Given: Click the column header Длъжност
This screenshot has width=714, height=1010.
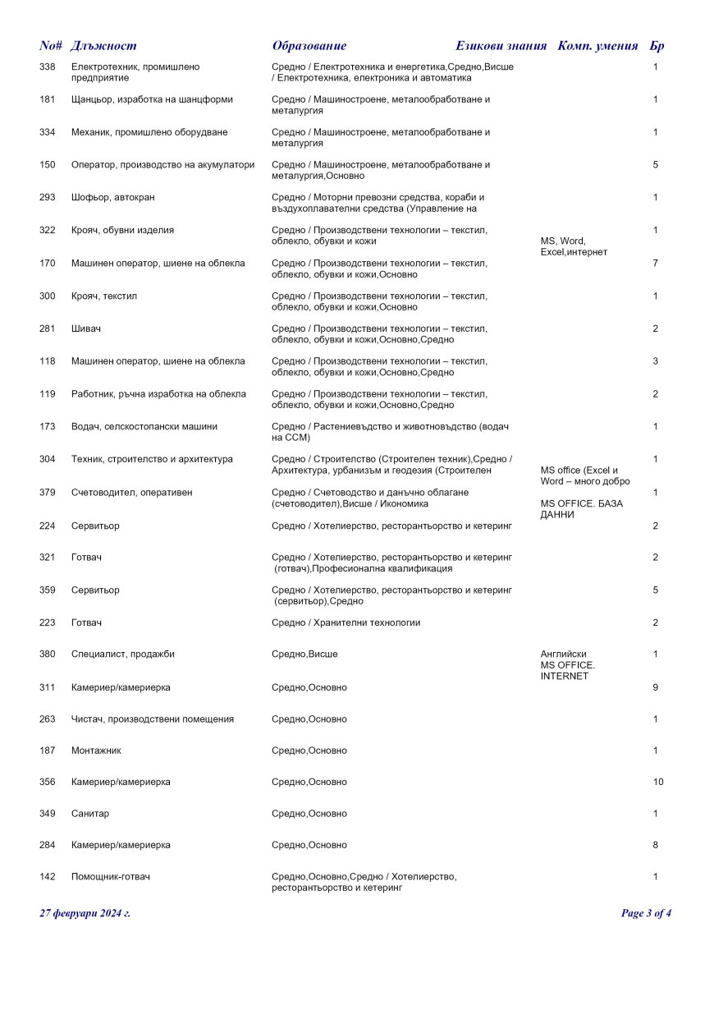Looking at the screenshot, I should [x=103, y=46].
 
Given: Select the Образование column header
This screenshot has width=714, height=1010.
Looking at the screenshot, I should [x=309, y=46].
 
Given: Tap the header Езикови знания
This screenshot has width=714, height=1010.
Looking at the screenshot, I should [x=501, y=46].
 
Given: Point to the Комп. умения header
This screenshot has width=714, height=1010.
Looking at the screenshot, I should [x=597, y=46].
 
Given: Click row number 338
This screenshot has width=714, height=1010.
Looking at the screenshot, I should [x=48, y=67].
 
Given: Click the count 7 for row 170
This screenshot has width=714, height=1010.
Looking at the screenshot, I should [x=656, y=263].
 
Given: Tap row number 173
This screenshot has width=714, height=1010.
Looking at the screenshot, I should [x=48, y=426].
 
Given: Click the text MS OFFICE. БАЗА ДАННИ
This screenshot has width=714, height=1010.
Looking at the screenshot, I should [x=570, y=509].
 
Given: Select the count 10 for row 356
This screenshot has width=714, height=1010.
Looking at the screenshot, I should [x=658, y=782].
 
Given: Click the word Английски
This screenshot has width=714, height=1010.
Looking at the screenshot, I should [x=564, y=654].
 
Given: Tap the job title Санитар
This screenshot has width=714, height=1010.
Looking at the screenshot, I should [x=90, y=814].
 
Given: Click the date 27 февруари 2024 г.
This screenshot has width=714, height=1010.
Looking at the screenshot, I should [x=85, y=913].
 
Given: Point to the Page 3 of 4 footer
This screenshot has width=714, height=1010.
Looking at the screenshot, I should [x=646, y=913].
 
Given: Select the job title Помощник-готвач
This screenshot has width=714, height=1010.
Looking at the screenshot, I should [x=111, y=877].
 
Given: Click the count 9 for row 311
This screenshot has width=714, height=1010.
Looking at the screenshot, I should [x=656, y=687].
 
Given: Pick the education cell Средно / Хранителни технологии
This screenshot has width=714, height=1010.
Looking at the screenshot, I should [x=346, y=622].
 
